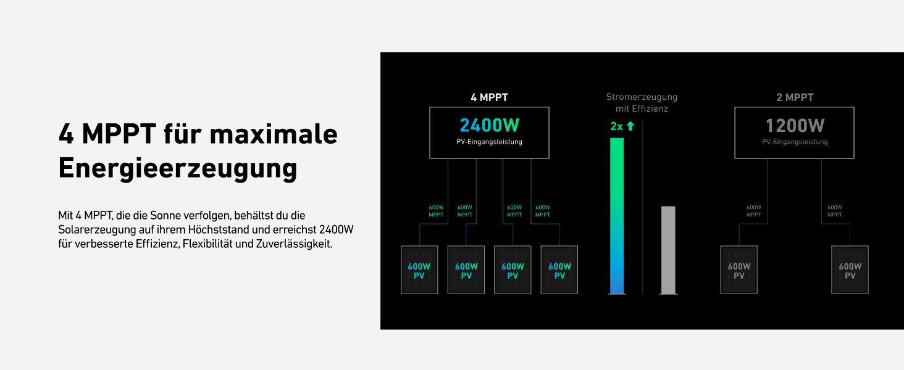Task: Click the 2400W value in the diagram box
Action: click(490, 126)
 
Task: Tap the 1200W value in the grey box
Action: click(795, 126)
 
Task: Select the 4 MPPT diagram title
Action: click(489, 97)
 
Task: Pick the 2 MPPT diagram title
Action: click(795, 97)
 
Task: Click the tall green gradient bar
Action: click(617, 216)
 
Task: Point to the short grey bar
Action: click(668, 250)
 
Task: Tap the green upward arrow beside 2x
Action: click(630, 126)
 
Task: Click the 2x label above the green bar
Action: click(616, 126)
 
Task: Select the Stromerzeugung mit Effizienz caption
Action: click(642, 102)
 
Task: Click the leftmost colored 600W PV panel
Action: click(419, 270)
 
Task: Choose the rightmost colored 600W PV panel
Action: click(559, 270)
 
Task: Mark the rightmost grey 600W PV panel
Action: click(850, 270)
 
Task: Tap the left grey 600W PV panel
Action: click(739, 270)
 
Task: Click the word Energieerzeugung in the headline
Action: click(178, 168)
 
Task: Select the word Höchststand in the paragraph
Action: click(218, 230)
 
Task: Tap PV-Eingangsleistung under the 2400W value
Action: click(489, 142)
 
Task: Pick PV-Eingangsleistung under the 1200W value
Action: click(795, 142)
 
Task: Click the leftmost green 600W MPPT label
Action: click(437, 211)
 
